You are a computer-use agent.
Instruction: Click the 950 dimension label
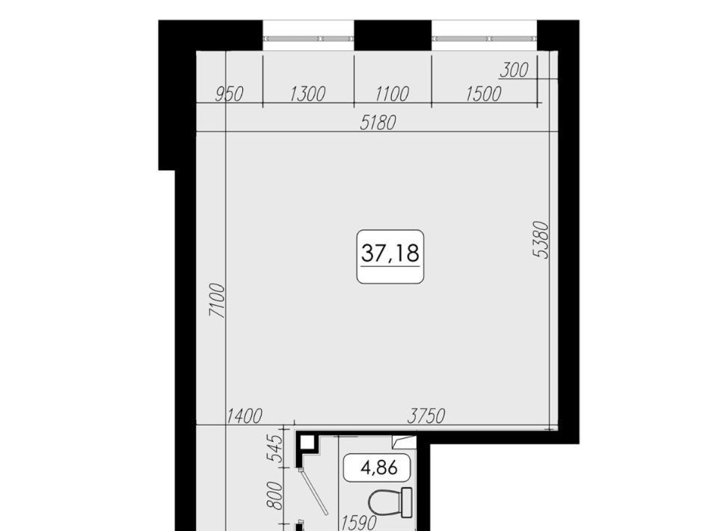click(229, 94)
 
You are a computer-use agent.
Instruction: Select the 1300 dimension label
click(307, 94)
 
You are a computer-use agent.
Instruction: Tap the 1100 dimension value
click(391, 94)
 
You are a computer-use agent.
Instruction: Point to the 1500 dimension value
click(484, 94)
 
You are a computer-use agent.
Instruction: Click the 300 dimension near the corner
click(514, 70)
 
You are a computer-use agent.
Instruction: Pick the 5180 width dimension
click(378, 123)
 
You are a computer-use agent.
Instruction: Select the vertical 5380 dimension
click(541, 240)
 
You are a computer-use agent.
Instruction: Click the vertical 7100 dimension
click(218, 301)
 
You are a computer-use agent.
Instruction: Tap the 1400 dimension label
click(245, 417)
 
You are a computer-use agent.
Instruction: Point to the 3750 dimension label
click(426, 417)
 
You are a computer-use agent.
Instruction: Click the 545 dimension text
click(275, 449)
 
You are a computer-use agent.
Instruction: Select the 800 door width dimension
click(275, 496)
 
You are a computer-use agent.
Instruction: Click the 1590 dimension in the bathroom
click(360, 523)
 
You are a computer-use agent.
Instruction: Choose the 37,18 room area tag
click(390, 257)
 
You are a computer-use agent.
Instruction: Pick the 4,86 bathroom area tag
click(376, 467)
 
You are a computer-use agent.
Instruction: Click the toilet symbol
click(390, 503)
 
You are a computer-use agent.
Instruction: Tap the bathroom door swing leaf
click(313, 492)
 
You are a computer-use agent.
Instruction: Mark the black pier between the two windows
click(393, 35)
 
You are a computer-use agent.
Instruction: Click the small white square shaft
click(307, 443)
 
